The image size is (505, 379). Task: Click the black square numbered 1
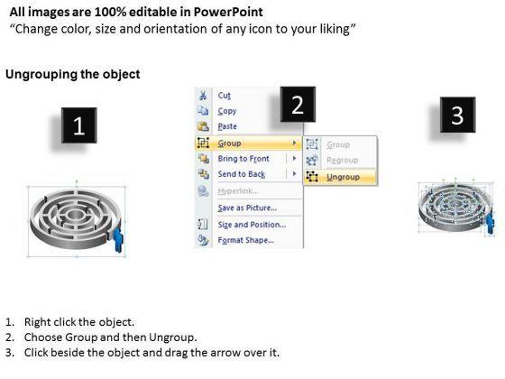pos(79,125)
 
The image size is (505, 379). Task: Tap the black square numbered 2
pos(298,104)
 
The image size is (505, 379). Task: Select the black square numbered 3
pos(457,115)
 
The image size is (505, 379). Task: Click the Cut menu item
pos(225,96)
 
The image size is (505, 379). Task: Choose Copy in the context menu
pos(227,111)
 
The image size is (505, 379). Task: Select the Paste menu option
pos(227,126)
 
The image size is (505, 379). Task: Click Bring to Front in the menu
pos(243,159)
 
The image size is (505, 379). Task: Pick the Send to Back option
pos(242,174)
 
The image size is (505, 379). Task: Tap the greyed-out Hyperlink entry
pos(238,191)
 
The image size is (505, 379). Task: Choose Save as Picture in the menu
pos(247,208)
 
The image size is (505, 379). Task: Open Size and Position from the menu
pos(252,225)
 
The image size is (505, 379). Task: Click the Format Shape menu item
pos(245,240)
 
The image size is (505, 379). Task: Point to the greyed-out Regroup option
pos(342,161)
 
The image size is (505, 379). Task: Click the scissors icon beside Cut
pos(203,96)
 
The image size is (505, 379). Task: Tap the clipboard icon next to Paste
pos(203,126)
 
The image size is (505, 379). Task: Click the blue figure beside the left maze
pos(118,239)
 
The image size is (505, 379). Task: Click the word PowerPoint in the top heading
pos(228,13)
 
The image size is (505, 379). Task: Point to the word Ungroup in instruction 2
pos(171,337)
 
